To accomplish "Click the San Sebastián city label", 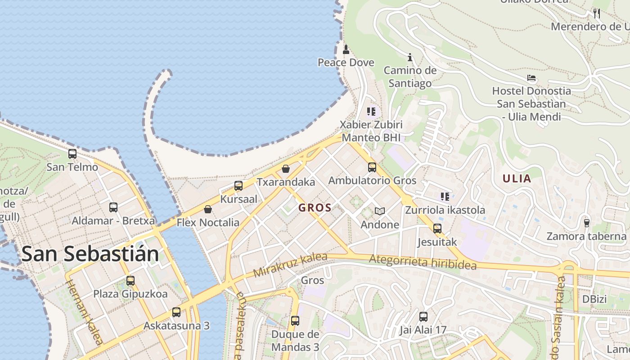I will click(90, 254).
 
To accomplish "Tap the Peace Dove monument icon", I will click(346, 49).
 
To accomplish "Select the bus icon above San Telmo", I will click(72, 154).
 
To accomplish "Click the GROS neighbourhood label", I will click(315, 208).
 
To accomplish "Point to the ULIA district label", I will click(517, 179).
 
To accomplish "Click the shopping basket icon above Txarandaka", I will click(286, 169).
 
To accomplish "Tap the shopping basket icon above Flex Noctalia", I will click(208, 209).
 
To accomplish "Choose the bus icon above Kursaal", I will click(238, 185).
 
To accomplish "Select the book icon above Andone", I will click(380, 211).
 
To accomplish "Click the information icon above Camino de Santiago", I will click(410, 57).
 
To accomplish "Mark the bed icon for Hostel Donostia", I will click(531, 78).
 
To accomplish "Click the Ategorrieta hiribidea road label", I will click(423, 262).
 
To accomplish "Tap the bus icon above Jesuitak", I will click(437, 229).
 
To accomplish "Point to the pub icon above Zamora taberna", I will click(586, 223).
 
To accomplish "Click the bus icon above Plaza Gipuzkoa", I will click(130, 281).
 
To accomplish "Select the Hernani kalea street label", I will click(84, 312).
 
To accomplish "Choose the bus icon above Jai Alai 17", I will click(423, 317).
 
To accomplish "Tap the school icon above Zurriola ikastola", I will click(445, 197).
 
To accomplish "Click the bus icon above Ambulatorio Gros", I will click(372, 167).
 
